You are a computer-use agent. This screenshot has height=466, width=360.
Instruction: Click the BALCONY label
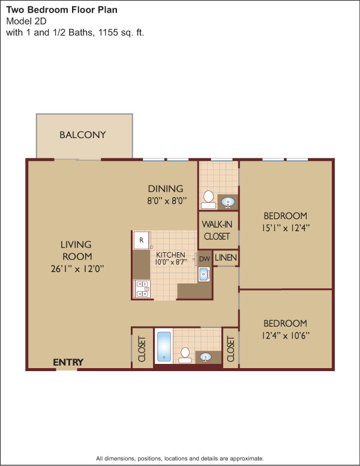coord(83,135)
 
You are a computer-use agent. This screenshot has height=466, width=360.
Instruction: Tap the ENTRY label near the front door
coord(68,362)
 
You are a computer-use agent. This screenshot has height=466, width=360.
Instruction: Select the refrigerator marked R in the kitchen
coord(142,240)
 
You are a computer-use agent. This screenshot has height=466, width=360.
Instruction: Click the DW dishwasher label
coord(205,259)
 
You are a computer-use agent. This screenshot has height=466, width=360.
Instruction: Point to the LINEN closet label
coord(226,258)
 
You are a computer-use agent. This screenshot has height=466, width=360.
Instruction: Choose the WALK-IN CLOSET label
coord(217,231)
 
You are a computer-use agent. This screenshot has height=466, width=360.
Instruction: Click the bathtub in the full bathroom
coord(164,346)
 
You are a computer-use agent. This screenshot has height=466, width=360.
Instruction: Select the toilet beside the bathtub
coord(185,355)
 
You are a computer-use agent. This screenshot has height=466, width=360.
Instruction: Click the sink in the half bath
coord(228,202)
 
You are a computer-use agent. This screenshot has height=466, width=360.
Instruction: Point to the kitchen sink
coord(205,274)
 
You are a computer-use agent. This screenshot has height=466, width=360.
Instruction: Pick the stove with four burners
coord(142,289)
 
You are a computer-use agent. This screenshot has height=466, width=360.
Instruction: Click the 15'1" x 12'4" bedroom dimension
coord(286,228)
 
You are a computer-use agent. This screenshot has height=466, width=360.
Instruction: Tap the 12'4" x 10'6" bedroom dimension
coord(286,336)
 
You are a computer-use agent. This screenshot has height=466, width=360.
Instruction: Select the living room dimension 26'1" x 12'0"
coord(77,269)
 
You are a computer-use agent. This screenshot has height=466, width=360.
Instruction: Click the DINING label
coord(166,189)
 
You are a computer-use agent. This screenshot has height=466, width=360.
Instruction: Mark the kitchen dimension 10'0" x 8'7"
coord(171,262)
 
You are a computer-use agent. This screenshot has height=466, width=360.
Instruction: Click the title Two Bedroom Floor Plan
coord(62,10)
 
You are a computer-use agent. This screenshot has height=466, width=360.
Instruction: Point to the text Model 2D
coord(26,21)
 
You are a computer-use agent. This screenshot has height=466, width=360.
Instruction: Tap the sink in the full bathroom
coord(206,357)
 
